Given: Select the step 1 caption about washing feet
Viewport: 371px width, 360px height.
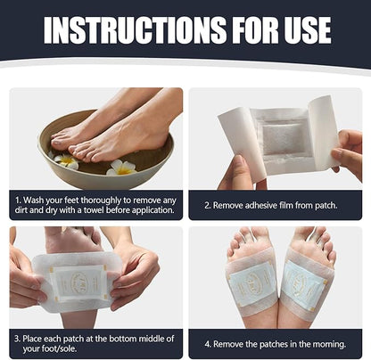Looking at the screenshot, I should (x=95, y=204).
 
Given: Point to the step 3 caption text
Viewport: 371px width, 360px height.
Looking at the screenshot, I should (x=95, y=343).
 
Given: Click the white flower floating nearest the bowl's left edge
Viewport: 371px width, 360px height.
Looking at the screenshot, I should (x=66, y=161).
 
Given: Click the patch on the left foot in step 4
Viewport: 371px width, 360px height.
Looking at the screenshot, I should (x=247, y=288).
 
